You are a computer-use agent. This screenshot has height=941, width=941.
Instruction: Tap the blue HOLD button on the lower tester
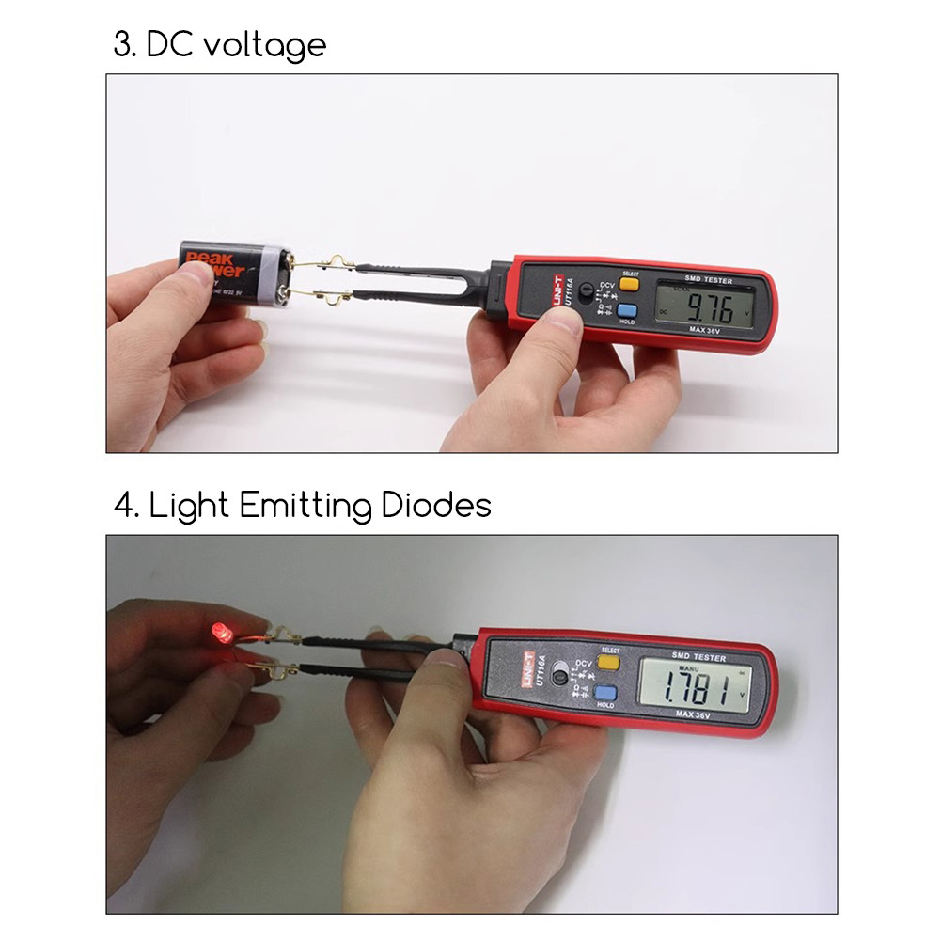coord(604,694)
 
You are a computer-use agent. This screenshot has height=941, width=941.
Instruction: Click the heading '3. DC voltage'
coord(220,44)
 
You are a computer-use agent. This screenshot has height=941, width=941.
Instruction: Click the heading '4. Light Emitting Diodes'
coord(303,506)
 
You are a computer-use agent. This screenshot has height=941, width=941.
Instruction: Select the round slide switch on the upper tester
coord(588,290)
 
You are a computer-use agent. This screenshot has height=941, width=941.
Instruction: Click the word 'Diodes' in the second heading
coord(436,506)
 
